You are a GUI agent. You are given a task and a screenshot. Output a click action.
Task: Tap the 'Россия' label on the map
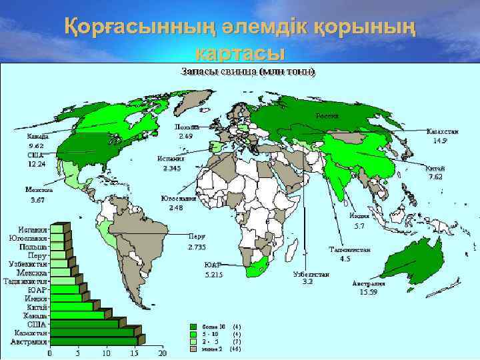pyautogui.click(x=327, y=116)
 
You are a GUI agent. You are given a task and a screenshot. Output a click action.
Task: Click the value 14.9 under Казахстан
pyautogui.click(x=439, y=141)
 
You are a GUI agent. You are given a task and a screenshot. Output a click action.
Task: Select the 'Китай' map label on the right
pyautogui.click(x=435, y=168)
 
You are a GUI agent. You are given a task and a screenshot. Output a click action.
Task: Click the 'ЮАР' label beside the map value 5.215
pyautogui.click(x=213, y=264)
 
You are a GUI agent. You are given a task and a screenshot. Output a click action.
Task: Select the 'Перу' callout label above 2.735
pyautogui.click(x=196, y=236)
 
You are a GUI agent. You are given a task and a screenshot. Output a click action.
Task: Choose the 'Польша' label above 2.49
pyautogui.click(x=185, y=127)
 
